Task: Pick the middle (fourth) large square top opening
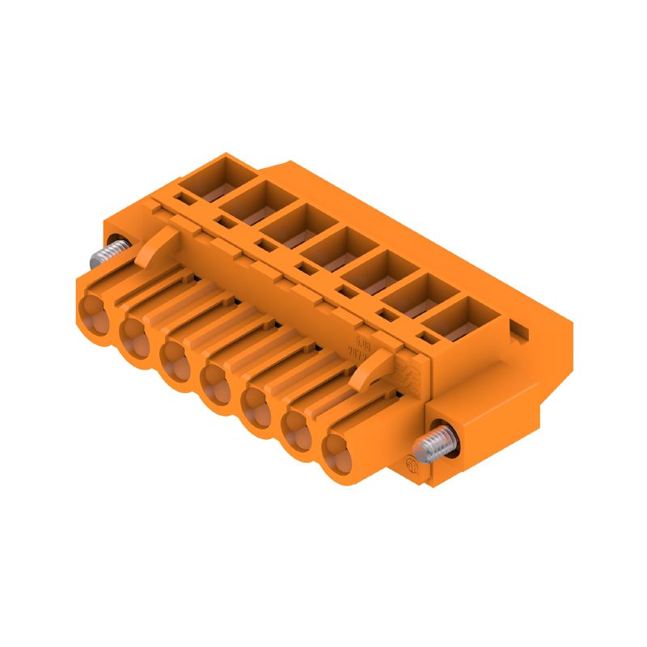tap(327, 247)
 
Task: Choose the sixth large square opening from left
tap(408, 294)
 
